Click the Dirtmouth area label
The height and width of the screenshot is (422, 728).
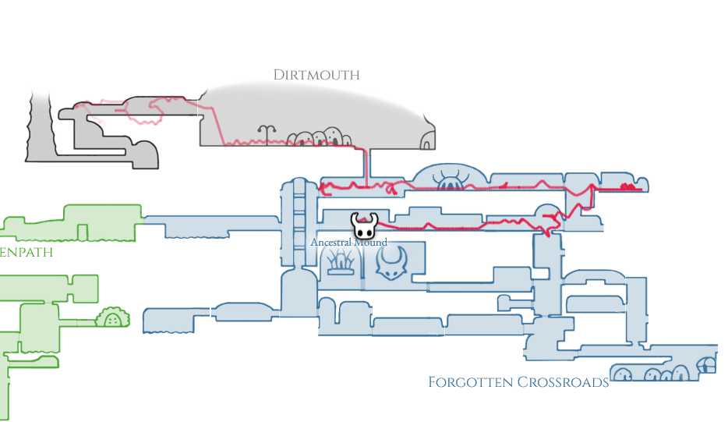316,75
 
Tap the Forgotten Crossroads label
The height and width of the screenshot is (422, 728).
518,382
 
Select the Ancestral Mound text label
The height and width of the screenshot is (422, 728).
348,243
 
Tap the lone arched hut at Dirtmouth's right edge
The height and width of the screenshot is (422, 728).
429,140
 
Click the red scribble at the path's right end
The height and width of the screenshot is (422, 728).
630,186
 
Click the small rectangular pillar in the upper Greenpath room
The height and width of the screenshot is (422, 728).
83,232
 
